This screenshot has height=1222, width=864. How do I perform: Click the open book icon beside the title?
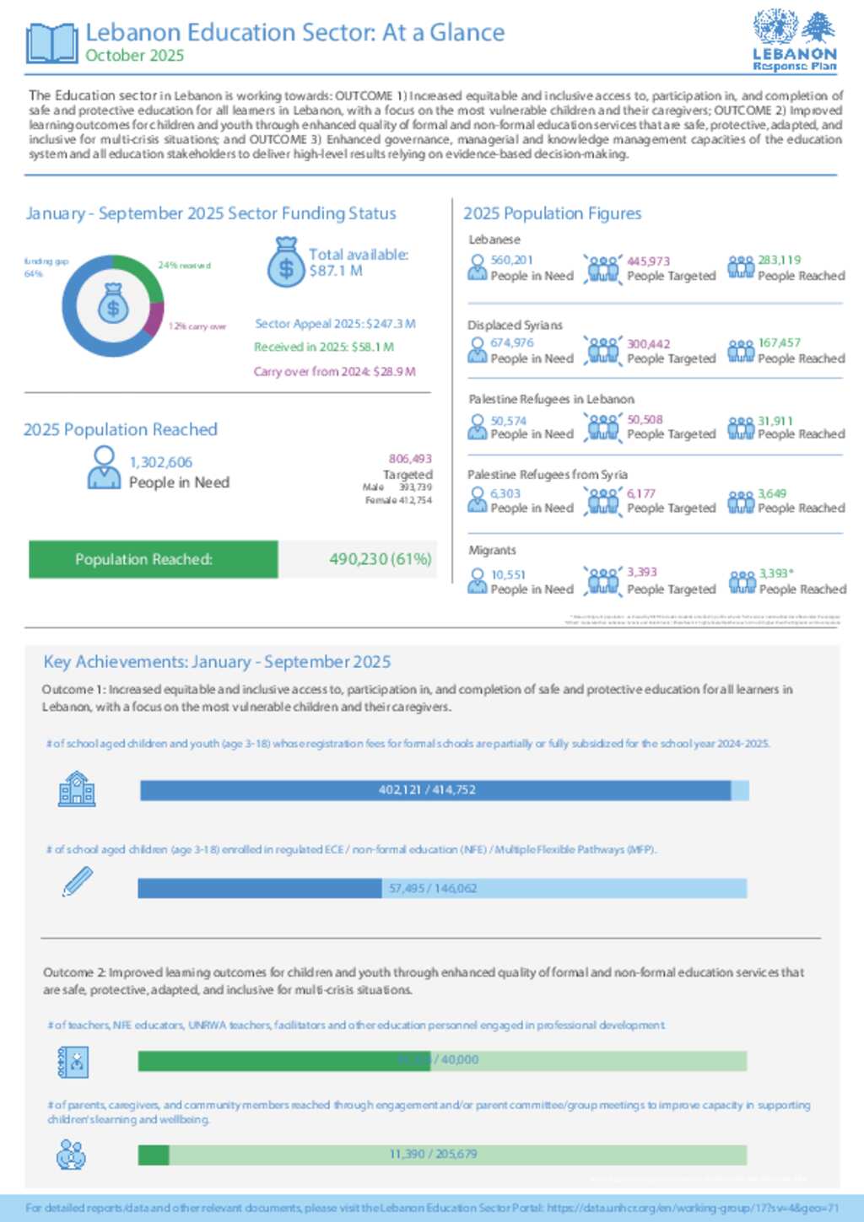pos(52,43)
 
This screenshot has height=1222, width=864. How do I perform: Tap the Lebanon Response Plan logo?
pos(794,41)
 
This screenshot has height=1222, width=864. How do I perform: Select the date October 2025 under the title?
pos(134,56)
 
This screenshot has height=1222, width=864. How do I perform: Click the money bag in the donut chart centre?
pos(113,304)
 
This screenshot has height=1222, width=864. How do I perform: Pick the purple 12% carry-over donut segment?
pos(154,318)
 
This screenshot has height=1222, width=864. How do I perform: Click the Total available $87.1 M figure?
pos(358,262)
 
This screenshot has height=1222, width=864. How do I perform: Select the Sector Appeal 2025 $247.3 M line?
pos(335,324)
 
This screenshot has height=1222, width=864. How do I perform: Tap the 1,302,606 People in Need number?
pos(160,462)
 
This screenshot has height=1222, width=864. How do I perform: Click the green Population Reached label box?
pos(153,559)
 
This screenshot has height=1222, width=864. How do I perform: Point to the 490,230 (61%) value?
pos(380,559)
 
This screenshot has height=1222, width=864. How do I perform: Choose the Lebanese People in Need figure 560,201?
pos(511,261)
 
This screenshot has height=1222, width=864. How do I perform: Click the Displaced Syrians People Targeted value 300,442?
pos(648,344)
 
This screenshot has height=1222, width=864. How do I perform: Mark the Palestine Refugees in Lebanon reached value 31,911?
pos(775,421)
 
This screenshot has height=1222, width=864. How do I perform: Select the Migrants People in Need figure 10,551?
pos(508,575)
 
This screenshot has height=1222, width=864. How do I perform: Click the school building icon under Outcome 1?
pos(77,789)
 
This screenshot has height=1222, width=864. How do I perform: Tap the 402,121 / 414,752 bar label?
pos(427,790)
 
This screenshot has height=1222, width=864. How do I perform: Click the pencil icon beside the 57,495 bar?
pos(77,882)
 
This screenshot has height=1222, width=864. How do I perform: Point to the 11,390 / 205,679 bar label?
pos(433,1154)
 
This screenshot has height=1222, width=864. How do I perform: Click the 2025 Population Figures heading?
pos(552,213)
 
